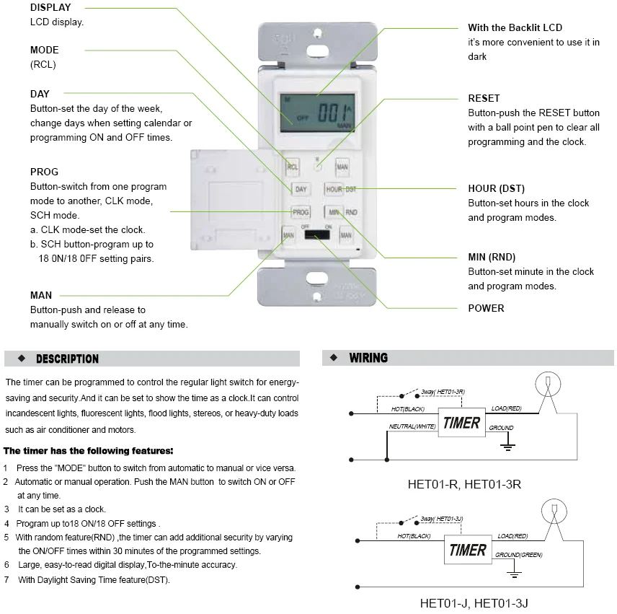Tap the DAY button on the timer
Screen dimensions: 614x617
(x=301, y=189)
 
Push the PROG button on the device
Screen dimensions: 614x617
(x=301, y=212)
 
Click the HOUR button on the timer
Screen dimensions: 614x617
(x=334, y=189)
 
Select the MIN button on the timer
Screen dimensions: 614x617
(x=334, y=212)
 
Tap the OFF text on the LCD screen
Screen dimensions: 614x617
(x=302, y=118)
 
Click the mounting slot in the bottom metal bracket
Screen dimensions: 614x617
(x=315, y=279)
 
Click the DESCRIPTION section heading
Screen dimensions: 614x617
(x=67, y=359)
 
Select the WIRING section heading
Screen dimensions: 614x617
(x=368, y=358)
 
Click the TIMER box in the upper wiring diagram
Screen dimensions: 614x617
(x=461, y=423)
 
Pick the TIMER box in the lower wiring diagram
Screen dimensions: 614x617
(x=467, y=551)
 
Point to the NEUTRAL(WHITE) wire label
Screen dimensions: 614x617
(x=412, y=426)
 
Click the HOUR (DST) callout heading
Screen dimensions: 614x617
(x=497, y=188)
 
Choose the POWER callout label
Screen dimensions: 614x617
(x=486, y=308)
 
